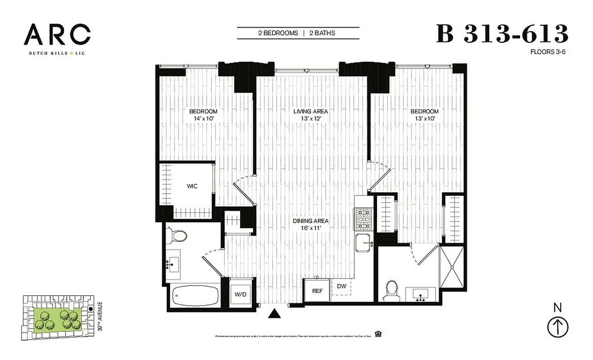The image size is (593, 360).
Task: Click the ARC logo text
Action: pyautogui.click(x=57, y=35)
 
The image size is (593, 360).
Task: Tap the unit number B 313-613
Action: pyautogui.click(x=502, y=34)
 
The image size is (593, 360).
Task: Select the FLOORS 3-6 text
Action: pyautogui.click(x=548, y=52)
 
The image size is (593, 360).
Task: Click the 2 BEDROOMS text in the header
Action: pyautogui.click(x=278, y=33)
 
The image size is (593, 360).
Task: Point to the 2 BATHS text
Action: pyautogui.click(x=322, y=33)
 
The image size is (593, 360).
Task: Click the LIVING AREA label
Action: pyautogui.click(x=310, y=111)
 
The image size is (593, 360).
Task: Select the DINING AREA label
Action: pyautogui.click(x=310, y=221)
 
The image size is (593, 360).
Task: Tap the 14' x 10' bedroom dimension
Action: pyautogui.click(x=203, y=119)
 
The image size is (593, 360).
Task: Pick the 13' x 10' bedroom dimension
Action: pyautogui.click(x=424, y=119)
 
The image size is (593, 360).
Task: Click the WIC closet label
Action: pyautogui.click(x=192, y=186)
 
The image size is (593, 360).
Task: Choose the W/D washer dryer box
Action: pyautogui.click(x=241, y=294)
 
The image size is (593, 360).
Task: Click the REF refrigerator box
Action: pyautogui.click(x=318, y=291)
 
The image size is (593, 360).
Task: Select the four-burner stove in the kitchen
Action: pyautogui.click(x=364, y=219)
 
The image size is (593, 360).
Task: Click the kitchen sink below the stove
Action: pyautogui.click(x=364, y=243)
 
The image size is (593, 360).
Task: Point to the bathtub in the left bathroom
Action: pyautogui.click(x=196, y=296)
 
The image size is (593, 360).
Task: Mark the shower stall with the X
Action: pyautogui.click(x=450, y=267)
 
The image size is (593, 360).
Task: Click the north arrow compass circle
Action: pyautogui.click(x=557, y=327)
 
